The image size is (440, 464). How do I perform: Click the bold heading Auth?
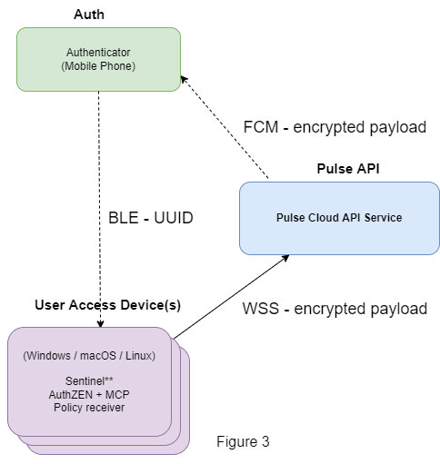89,15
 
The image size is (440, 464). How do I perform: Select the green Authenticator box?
98,59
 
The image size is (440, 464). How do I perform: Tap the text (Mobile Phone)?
98,66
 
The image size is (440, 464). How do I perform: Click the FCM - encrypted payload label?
335,127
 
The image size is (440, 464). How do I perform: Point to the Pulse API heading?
348,169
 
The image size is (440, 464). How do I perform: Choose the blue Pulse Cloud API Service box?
339,218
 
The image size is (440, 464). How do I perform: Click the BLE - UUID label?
151,218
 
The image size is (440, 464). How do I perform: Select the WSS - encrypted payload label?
335,309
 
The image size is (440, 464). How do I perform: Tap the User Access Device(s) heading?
108,305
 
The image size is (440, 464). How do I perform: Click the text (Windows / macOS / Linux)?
89,356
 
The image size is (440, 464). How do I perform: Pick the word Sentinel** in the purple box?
89,381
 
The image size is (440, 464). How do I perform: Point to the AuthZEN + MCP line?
89,394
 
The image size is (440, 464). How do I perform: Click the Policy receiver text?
89,408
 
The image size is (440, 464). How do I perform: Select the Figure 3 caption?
243,441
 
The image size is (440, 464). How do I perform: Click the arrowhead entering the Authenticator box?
184,79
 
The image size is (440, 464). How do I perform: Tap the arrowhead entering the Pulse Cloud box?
285,258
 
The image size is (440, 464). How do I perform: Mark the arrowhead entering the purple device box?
100,323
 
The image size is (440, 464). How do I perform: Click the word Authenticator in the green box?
98,53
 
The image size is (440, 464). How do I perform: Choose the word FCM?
261,127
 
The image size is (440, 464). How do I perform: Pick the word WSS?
261,309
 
